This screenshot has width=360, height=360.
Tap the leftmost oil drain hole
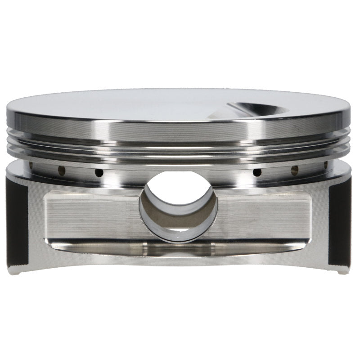click(x=31, y=165)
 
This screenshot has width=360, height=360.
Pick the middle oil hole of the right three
click(x=295, y=170)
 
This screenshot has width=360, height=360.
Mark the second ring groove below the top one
click(x=180, y=148)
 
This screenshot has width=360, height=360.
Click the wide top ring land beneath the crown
click(x=180, y=128)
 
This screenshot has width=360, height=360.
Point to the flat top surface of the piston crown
click(x=135, y=103)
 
